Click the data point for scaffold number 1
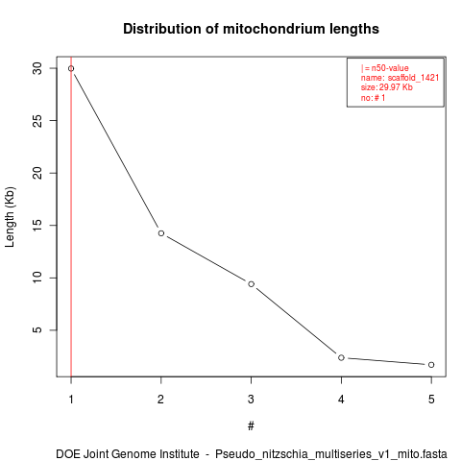click(71, 68)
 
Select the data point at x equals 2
click(161, 233)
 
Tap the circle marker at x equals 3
click(252, 284)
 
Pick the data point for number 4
click(341, 357)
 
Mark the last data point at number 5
click(431, 365)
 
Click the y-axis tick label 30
click(37, 68)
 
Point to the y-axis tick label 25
click(37, 121)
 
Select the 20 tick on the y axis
click(37, 173)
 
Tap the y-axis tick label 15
click(37, 226)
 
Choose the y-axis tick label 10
click(37, 278)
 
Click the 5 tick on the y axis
click(37, 330)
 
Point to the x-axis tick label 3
click(251, 400)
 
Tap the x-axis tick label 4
click(341, 400)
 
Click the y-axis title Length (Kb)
click(10, 217)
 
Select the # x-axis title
click(251, 426)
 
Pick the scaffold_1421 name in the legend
click(413, 78)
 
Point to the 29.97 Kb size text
click(396, 87)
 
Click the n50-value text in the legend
click(390, 68)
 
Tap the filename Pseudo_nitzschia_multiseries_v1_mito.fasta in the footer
click(331, 454)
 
